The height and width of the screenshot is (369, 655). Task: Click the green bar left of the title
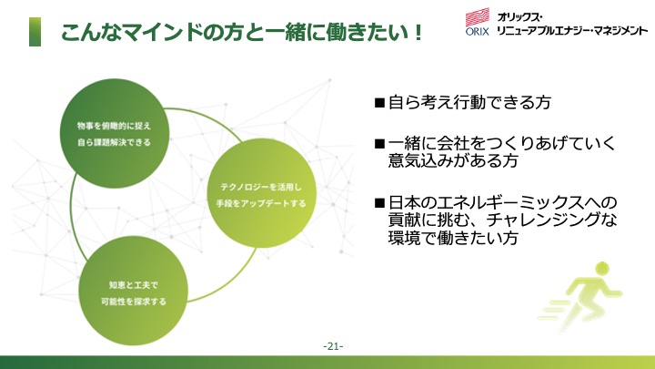[35, 32]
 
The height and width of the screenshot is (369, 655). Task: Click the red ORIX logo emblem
[478, 17]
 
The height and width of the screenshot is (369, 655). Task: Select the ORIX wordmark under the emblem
[478, 31]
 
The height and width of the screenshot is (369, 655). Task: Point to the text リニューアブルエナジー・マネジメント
[572, 30]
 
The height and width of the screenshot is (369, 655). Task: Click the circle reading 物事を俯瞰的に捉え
[115, 133]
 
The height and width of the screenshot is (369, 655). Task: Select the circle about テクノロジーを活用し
[261, 193]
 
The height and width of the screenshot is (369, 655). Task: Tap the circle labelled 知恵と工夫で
[133, 292]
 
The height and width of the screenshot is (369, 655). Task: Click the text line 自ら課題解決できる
[114, 143]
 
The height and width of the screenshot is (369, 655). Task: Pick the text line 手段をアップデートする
[261, 204]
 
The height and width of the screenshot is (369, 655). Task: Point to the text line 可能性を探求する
[134, 302]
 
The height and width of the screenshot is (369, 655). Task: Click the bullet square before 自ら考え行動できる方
[379, 103]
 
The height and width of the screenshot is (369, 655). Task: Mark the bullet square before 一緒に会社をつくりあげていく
[379, 144]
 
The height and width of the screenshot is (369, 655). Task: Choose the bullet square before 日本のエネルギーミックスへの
[379, 203]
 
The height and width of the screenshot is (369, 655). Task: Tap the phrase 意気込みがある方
[453, 160]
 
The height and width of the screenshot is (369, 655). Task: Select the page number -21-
[333, 346]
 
